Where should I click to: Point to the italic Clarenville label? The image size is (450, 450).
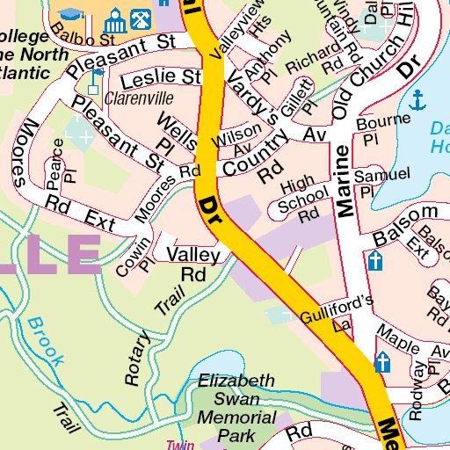click(x=139, y=98)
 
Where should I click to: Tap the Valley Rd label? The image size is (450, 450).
click(x=192, y=263)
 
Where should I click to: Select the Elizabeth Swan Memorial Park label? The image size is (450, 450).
click(x=235, y=408)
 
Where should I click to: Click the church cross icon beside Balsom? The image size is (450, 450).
click(x=375, y=261)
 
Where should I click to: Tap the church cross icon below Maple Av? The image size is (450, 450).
click(x=382, y=361)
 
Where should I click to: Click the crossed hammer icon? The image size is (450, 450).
click(x=138, y=18)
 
